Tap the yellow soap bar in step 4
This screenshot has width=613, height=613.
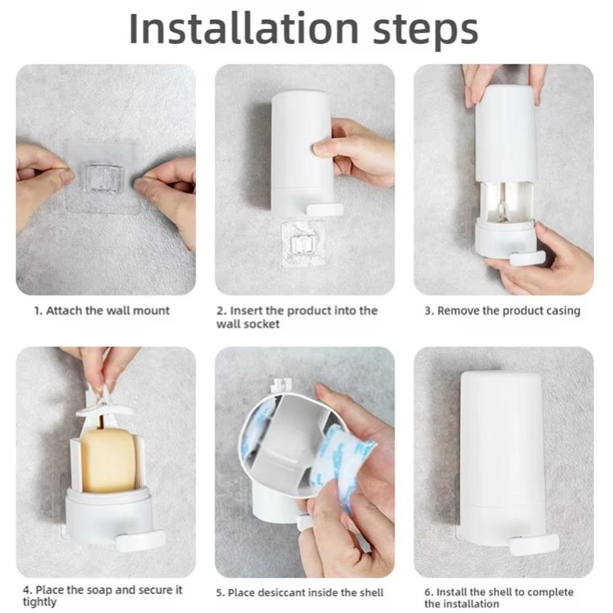click(x=108, y=459)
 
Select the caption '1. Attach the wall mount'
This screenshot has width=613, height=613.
click(x=101, y=311)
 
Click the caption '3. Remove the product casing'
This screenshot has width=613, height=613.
click(x=502, y=311)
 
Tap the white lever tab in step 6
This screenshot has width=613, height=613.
click(x=534, y=543)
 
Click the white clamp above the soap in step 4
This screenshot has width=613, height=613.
click(x=104, y=408)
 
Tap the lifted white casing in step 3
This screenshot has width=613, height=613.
click(x=506, y=132)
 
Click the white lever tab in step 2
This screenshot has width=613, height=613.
click(x=324, y=210)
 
